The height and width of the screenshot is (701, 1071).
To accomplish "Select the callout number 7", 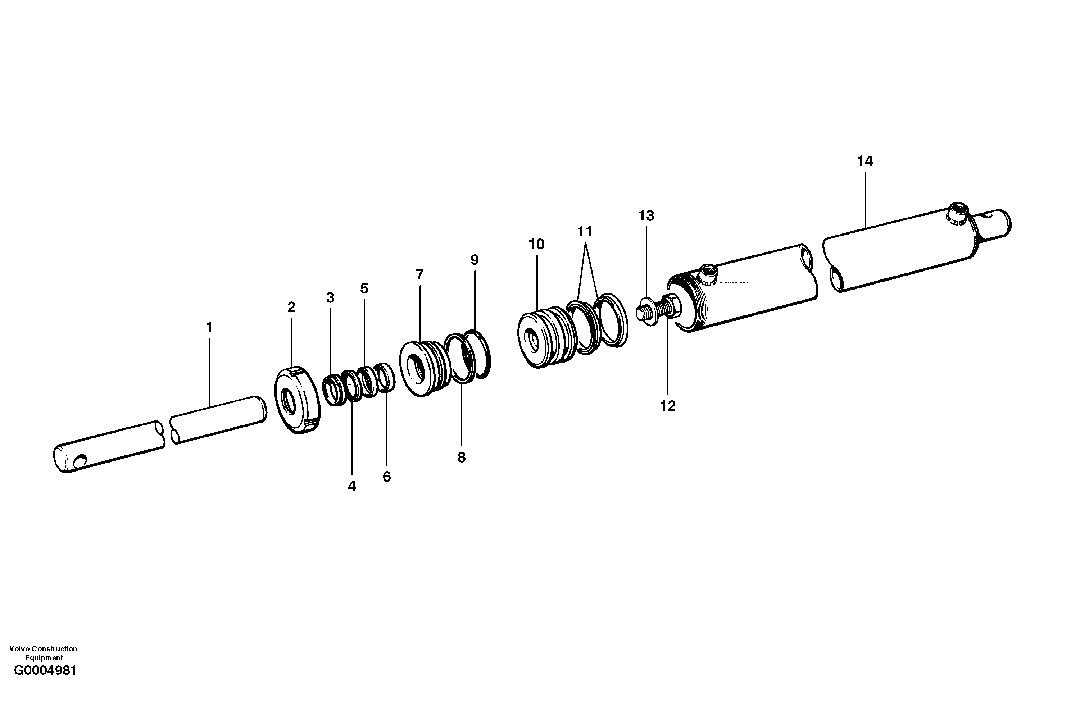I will [420, 274].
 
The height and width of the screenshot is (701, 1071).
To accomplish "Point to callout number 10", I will [536, 244].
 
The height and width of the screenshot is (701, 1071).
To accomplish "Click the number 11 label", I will [585, 232].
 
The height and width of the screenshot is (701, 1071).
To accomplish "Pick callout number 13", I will [646, 216].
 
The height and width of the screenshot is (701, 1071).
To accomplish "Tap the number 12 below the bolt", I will [668, 406].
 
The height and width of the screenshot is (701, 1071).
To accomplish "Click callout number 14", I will [865, 161].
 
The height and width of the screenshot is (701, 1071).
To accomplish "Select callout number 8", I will [461, 458].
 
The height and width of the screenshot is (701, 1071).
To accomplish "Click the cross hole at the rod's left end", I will [81, 460].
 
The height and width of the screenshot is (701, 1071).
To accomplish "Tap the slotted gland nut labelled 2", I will [297, 400].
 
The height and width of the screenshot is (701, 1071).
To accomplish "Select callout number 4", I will [352, 486].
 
